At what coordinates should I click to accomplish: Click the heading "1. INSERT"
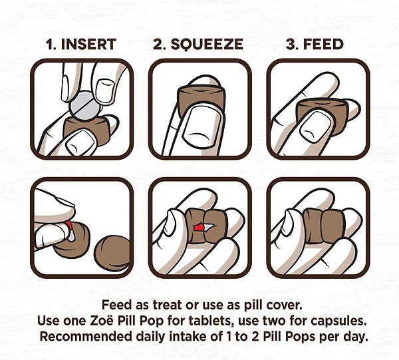coord(81,45)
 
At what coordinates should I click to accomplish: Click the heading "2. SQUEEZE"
coord(198,45)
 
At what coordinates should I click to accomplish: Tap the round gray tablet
coord(84,105)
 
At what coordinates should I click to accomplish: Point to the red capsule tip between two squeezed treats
coord(198,228)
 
